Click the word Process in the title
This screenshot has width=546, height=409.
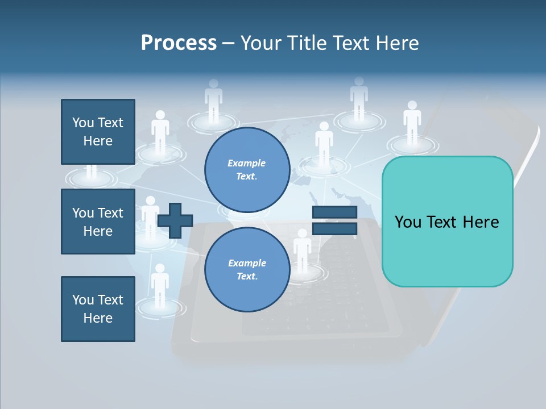(179, 43)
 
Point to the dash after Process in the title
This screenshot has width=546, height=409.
(228, 44)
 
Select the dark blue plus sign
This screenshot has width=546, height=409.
(175, 220)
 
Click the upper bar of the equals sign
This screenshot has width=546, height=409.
(334, 212)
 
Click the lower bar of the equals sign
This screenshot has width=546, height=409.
(334, 228)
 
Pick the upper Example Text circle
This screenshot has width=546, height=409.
(247, 170)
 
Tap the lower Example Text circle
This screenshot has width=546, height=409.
(247, 270)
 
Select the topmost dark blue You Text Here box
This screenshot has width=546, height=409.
(98, 132)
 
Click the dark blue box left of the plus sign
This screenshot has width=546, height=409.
(98, 222)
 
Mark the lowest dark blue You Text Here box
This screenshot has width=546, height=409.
(98, 309)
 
